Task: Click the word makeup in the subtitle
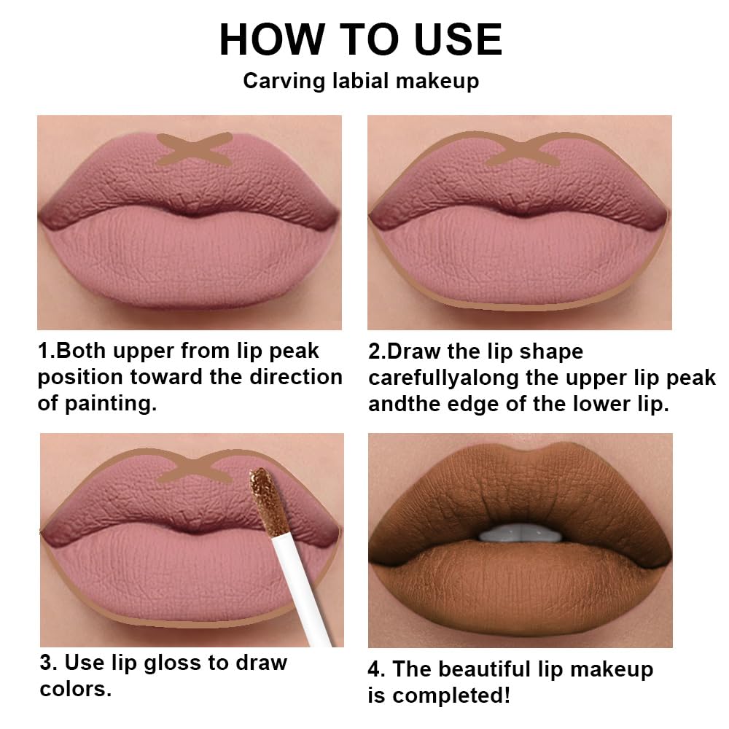tap(437, 80)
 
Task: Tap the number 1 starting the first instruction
tap(43, 351)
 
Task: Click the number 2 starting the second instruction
tap(374, 351)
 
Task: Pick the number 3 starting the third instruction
tap(46, 663)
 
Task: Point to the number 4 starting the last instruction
tap(375, 669)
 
